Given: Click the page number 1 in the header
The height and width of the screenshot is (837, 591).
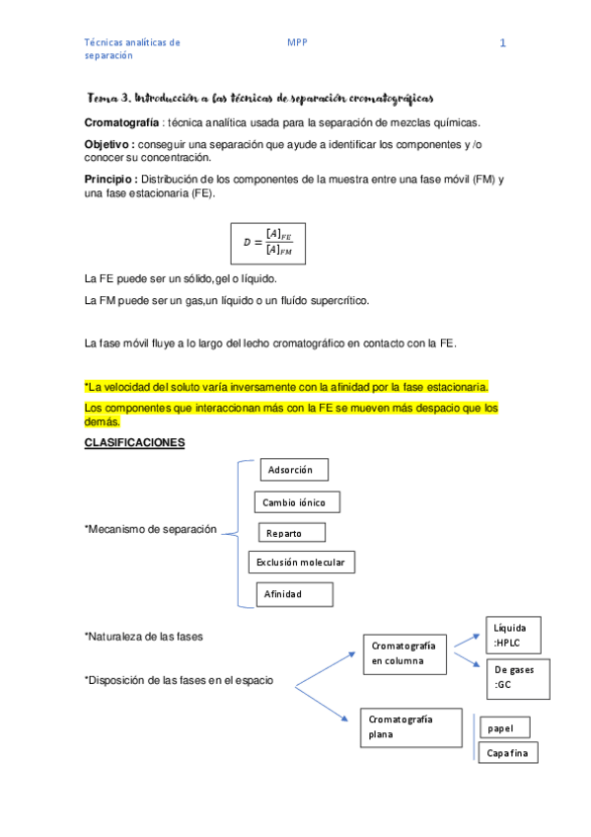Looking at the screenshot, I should (503, 43).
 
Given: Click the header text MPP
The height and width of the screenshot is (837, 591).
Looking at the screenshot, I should (297, 42).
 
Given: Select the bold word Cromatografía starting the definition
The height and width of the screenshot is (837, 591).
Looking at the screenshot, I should (122, 122).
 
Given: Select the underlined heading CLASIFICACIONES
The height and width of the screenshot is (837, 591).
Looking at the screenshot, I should (135, 443).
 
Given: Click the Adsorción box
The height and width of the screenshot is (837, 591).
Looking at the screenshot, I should (293, 470).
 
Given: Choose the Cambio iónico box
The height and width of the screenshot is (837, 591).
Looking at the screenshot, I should (297, 502).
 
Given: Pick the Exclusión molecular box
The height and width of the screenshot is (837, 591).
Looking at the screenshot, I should (301, 563).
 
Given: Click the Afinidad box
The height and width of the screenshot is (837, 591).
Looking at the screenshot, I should (294, 594).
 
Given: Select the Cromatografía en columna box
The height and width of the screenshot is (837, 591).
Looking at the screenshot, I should (406, 652).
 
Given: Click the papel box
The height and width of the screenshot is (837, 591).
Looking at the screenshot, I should (506, 728).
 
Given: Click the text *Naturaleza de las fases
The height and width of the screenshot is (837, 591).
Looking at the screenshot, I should (144, 637).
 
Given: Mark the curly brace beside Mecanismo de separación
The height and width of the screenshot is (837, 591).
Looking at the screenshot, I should (236, 533).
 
